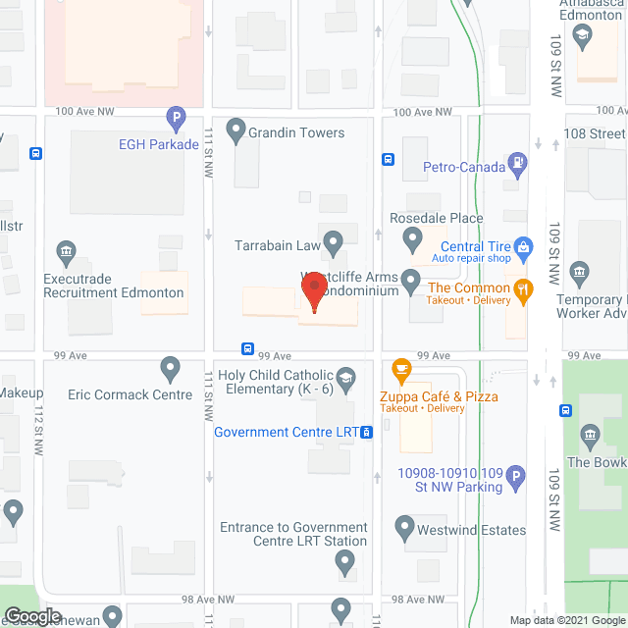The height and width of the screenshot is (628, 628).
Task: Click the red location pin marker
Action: pos(313,291)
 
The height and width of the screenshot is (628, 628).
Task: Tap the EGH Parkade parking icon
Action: pos(177,121)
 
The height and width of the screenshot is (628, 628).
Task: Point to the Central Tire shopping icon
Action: pos(524,246)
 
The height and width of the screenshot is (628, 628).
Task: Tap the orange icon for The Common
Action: pos(524,288)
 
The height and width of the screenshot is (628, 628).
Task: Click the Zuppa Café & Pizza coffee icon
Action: pos(400,371)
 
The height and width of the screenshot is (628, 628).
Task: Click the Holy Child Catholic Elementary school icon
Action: pos(345,376)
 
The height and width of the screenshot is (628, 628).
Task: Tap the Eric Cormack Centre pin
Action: pos(171,370)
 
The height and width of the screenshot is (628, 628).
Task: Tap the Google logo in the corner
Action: pos(32,615)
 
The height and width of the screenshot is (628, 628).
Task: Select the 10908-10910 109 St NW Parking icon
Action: pos(518,479)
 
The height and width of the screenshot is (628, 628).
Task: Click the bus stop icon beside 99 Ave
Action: pos(247,349)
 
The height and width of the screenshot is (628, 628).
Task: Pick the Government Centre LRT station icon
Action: pos(366,432)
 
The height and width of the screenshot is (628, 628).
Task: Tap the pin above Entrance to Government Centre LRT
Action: pos(344,562)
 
